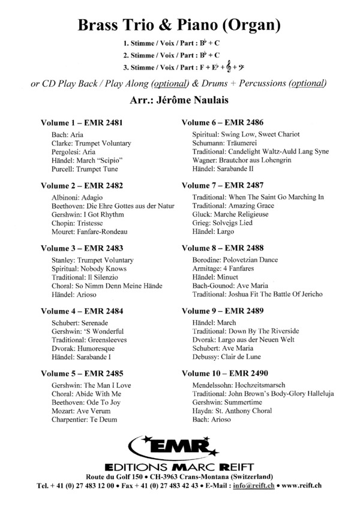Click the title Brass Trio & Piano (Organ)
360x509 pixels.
tap(179, 25)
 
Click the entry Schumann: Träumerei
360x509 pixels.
tap(229, 143)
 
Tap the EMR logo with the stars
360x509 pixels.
tap(179, 447)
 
